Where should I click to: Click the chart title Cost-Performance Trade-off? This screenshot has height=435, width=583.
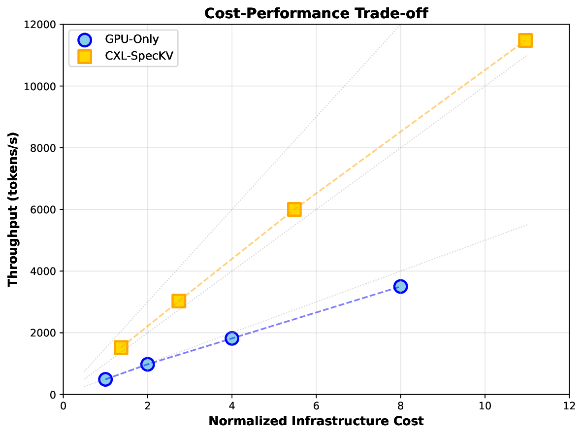pos(316,13)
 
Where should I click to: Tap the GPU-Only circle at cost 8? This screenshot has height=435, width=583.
pos(400,286)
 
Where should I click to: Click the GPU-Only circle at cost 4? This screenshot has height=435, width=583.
pos(232,338)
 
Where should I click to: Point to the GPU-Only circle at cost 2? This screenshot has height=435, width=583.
pos(147,364)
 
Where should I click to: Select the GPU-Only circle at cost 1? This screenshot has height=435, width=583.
pos(105,379)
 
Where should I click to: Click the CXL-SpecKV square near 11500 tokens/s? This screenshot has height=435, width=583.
pos(525,40)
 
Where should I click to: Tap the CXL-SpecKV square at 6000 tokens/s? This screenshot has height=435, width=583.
pos(294,209)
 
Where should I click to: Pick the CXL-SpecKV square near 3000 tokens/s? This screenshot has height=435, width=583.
pos(179,301)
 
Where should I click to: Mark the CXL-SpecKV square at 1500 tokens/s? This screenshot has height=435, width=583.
pos(121,348)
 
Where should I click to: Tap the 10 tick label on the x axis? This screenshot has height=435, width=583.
pos(485,405)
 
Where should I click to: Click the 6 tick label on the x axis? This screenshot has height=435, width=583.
pos(316,405)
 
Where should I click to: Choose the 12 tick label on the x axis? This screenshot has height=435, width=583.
pos(569,405)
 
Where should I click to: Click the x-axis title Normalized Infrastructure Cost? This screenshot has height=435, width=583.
pos(316,421)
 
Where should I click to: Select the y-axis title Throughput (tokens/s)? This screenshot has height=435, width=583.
pos(13,209)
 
